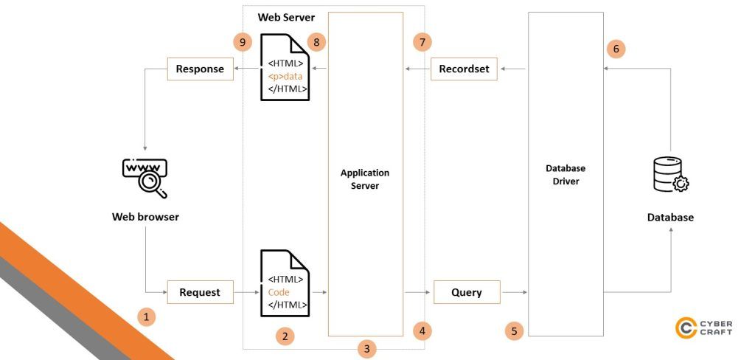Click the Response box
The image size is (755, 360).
200,69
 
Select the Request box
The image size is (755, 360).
200,292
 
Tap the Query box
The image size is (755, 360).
467,292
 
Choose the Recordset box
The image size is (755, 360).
464,69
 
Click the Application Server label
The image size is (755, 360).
365,179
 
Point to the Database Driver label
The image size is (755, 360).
565,175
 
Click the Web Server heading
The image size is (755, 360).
285,17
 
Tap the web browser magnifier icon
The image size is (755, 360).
145,178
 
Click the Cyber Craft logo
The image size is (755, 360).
704,328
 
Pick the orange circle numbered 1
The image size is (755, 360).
147,317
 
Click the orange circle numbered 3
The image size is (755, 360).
366,348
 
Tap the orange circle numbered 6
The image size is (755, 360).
616,49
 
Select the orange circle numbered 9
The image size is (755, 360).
243,42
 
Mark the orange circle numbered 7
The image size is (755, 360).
422,42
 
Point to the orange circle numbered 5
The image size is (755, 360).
514,330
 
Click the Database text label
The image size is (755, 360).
670,218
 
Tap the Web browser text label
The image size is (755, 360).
145,217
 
